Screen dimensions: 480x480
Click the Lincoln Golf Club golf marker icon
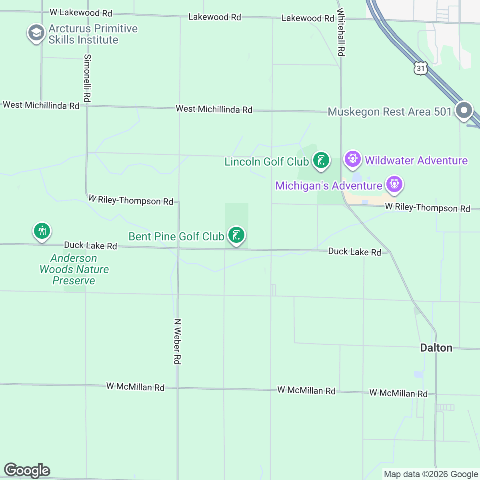(321, 160)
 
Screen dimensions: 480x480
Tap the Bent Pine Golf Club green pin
(236, 235)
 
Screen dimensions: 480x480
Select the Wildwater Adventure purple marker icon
(352, 159)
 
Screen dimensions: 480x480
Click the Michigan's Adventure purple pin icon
(394, 184)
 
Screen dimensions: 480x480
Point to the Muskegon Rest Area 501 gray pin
(464, 110)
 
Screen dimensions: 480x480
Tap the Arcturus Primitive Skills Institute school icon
(36, 33)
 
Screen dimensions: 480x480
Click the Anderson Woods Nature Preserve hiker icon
(42, 231)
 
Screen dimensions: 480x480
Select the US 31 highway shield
(420, 68)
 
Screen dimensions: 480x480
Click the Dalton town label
(436, 348)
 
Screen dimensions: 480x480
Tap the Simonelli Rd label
(88, 78)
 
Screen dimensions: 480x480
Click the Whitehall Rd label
(341, 32)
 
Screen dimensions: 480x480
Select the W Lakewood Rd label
(81, 13)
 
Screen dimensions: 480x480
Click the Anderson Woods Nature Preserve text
(74, 269)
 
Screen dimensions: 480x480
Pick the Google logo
(27, 470)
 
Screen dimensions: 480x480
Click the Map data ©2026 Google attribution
(431, 474)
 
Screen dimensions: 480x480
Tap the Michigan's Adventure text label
(329, 186)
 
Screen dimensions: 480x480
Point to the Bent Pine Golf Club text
(176, 236)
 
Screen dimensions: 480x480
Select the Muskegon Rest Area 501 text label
(390, 112)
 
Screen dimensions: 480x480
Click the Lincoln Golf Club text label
(266, 162)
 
